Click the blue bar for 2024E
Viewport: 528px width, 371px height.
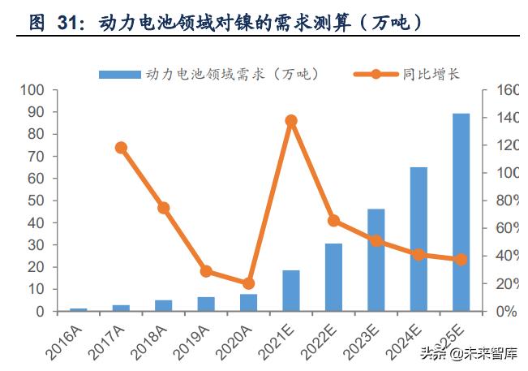[x=419, y=239]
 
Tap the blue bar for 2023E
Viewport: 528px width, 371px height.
[x=376, y=260]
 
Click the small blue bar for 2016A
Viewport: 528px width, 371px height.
[x=78, y=309]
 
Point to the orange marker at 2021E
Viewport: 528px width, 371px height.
[x=291, y=121]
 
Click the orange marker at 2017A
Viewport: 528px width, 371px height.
[x=121, y=148]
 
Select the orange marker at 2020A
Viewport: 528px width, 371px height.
[x=248, y=283]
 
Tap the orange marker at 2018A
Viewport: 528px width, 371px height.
[x=163, y=208]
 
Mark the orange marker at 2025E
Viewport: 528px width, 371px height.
[x=461, y=260]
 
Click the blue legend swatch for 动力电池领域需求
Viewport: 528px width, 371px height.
[x=120, y=74]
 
